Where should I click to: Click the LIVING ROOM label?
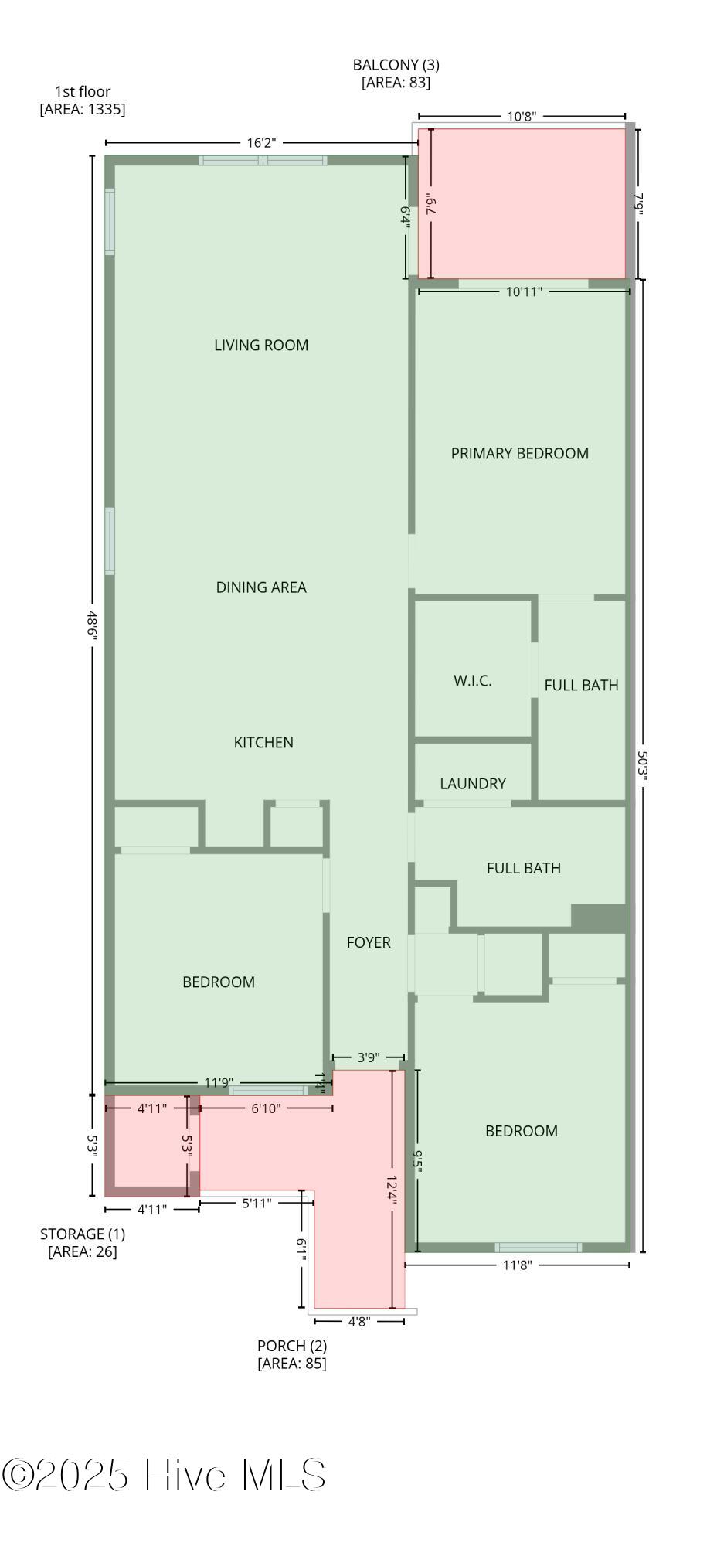[x=261, y=346]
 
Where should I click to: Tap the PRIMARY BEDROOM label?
[x=520, y=454]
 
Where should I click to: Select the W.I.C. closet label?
[x=473, y=681]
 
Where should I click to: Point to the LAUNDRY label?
[x=473, y=784]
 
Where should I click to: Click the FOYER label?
[x=369, y=942]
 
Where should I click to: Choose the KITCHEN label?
[x=263, y=743]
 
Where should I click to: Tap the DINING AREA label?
[x=261, y=587]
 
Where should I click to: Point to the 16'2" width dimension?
[x=261, y=143]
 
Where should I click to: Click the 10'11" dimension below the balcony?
[x=524, y=291]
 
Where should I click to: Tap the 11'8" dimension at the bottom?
[x=517, y=1265]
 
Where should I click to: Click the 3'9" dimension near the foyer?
[x=368, y=1057]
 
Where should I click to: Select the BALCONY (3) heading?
[x=396, y=65]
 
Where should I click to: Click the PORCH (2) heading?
[x=292, y=1346]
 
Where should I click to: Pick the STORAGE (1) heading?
[x=83, y=1234]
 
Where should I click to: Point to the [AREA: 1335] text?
[x=83, y=109]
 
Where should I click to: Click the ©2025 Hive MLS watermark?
[x=164, y=1475]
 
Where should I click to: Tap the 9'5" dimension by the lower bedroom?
[x=418, y=1162]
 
